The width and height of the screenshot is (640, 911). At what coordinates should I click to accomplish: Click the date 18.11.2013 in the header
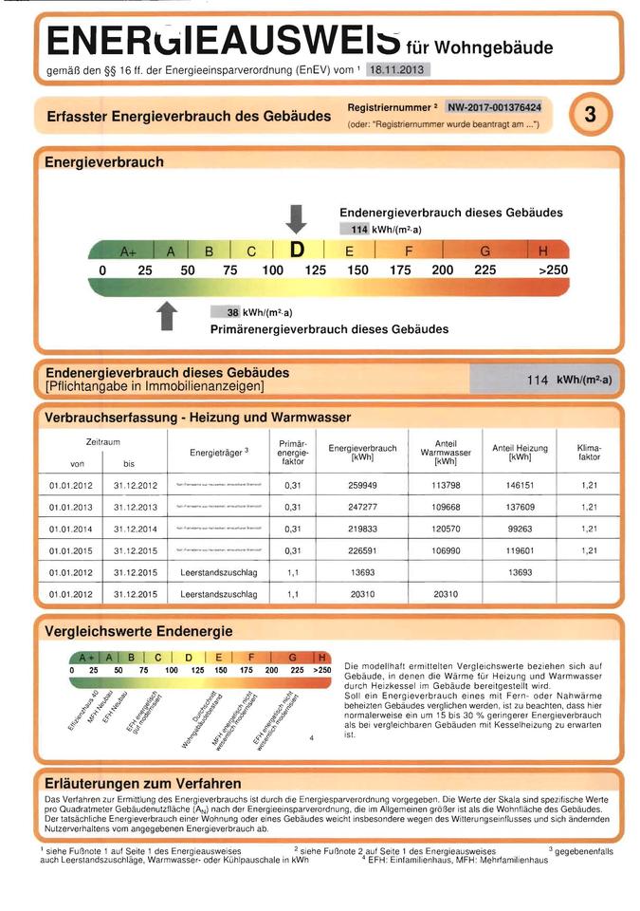[x=398, y=69]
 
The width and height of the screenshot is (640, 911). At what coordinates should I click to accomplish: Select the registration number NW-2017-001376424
[x=494, y=107]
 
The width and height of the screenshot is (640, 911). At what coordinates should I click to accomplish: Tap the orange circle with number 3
[x=590, y=116]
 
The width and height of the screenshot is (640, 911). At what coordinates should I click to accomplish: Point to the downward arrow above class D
[x=297, y=217]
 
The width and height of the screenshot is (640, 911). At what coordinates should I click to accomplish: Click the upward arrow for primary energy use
[x=167, y=317]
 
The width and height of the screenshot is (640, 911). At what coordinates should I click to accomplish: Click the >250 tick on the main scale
[x=553, y=270]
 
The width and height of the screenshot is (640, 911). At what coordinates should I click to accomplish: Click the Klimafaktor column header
[x=589, y=451]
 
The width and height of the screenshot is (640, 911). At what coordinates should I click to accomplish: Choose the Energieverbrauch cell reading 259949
[x=361, y=484]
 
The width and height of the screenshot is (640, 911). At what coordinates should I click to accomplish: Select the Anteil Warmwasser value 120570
[x=445, y=529]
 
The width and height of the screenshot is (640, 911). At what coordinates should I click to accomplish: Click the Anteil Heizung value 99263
[x=520, y=529]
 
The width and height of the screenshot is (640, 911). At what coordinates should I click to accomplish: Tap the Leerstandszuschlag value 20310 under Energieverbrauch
[x=361, y=594]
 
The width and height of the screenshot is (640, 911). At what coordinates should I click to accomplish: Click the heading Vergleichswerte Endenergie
[x=138, y=631]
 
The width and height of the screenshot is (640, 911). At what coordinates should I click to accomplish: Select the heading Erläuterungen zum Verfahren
[x=143, y=784]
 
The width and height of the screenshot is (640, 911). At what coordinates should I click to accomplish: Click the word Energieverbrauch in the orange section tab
[x=103, y=161]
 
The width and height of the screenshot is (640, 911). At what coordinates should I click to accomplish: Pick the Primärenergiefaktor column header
[x=292, y=452]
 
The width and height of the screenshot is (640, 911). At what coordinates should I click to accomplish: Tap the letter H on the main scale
[x=542, y=251]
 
